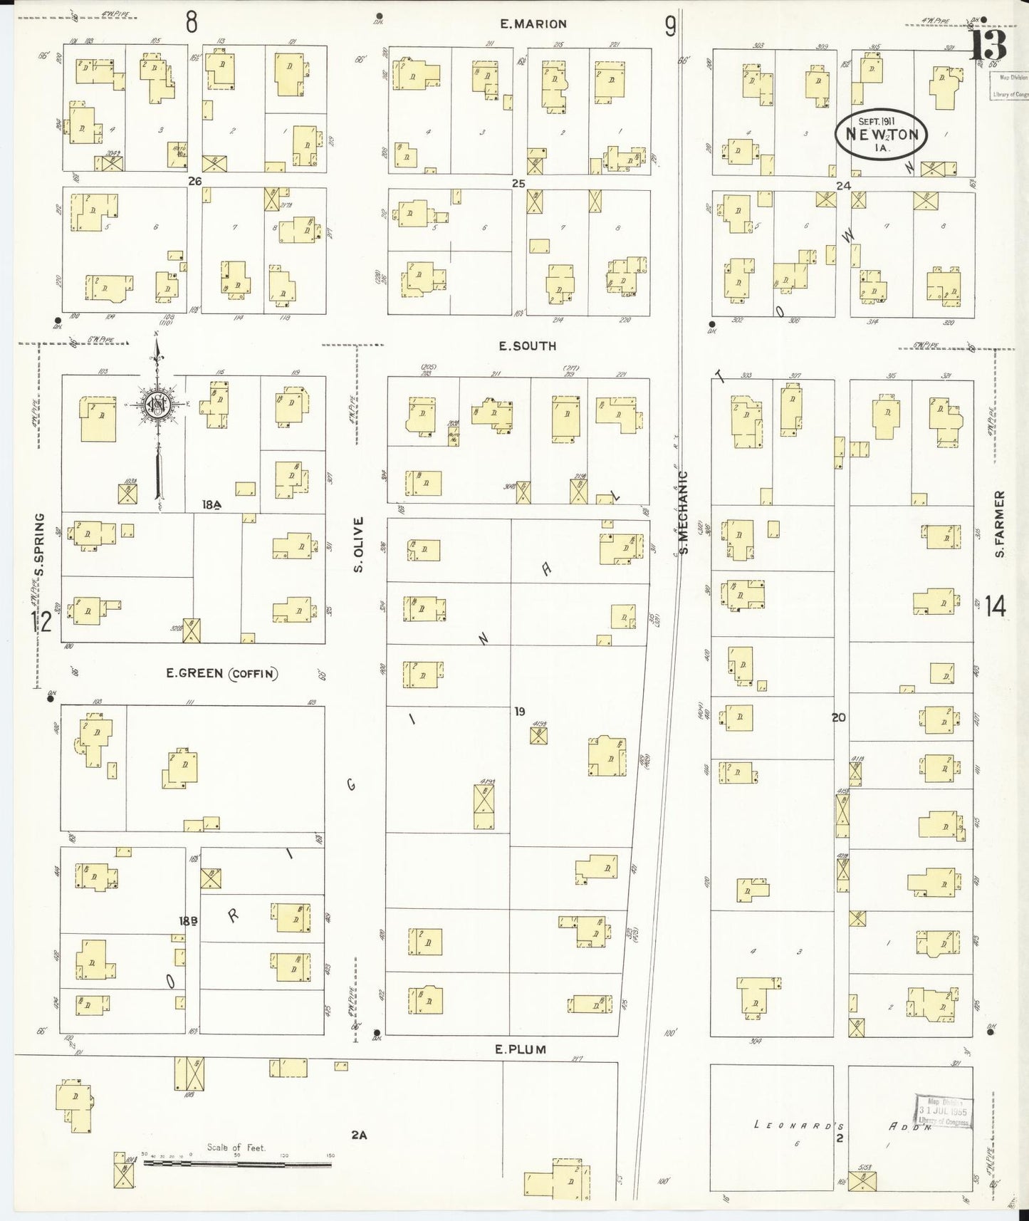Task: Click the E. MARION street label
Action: coord(533,24)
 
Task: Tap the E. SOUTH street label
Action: coord(527,346)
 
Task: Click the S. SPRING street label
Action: coord(40,544)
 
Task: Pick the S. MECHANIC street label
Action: coord(684,512)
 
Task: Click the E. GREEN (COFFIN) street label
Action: coord(221,673)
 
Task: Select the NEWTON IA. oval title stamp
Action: coord(883,133)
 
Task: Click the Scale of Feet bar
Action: coord(237,1165)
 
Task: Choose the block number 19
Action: coord(520,711)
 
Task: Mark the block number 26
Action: coord(194,182)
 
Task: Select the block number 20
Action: coord(838,717)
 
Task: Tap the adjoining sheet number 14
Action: coord(996,607)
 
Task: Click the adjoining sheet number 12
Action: coord(41,623)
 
